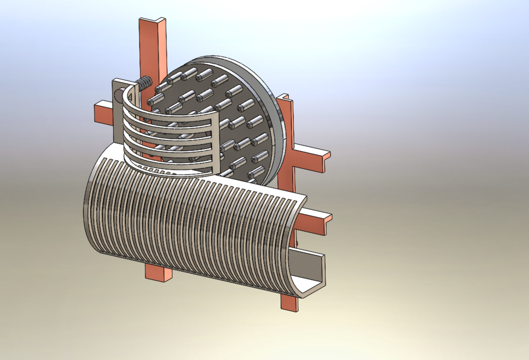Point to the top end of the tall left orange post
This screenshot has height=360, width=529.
(x=153, y=23)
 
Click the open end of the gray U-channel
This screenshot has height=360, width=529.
(x=313, y=270)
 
